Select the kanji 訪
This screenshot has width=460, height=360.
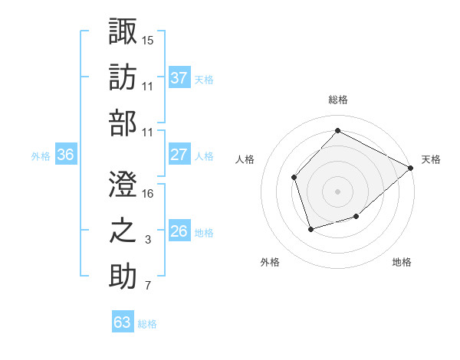[123, 77]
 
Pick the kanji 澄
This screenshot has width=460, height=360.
[123, 183]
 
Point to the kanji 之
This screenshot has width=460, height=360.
[123, 231]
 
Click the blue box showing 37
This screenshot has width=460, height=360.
[179, 77]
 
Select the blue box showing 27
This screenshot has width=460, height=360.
[179, 155]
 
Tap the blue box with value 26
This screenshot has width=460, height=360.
[179, 231]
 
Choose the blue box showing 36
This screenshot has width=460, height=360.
[66, 155]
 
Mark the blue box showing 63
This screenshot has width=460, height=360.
[123, 322]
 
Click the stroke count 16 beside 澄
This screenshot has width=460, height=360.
[149, 194]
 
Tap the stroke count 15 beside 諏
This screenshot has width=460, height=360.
[149, 39]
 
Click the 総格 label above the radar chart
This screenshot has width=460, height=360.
[337, 100]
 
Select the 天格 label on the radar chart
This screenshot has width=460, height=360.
[431, 159]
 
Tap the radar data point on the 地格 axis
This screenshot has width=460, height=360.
[356, 218]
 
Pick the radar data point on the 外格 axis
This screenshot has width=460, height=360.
[310, 229]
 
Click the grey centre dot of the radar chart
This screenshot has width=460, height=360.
[337, 191]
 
